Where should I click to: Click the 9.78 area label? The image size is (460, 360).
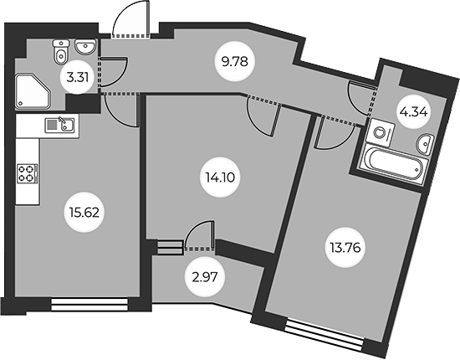click(235, 62)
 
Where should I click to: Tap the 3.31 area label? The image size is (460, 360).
click(78, 78)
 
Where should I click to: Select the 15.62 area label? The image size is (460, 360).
click(84, 213)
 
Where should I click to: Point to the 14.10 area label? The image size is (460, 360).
click(220, 177)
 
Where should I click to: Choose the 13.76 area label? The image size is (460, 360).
click(345, 248)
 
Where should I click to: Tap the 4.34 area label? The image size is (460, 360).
click(413, 112)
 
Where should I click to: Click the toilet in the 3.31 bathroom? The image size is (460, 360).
click(61, 52)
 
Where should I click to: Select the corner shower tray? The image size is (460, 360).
click(33, 92)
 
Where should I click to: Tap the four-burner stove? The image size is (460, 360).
click(28, 173)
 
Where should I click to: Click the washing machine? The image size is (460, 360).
click(381, 133)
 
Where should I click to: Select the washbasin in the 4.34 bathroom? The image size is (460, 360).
click(425, 144)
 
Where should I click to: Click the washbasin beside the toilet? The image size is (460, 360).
click(85, 47)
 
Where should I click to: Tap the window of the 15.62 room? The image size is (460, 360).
click(89, 305)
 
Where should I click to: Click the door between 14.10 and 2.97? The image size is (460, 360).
click(200, 235)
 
